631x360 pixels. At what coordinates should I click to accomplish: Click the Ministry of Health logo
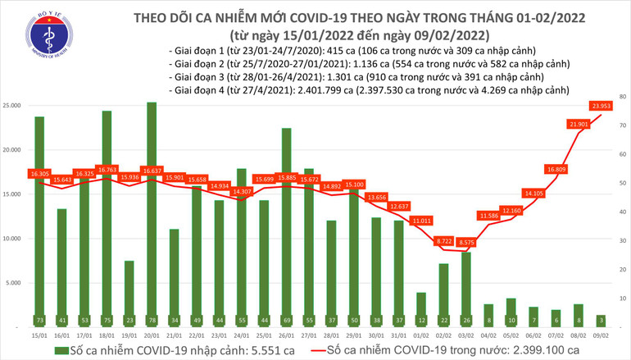pos(30,30)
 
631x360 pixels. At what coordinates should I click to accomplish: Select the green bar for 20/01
pos(152,213)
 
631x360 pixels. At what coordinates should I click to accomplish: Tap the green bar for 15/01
pos(39,221)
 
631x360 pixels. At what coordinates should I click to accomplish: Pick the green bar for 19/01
pos(129,291)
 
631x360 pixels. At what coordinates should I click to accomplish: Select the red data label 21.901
pos(579,124)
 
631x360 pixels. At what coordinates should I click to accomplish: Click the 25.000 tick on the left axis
pos(11,106)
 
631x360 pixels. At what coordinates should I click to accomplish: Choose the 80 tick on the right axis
pos(623,97)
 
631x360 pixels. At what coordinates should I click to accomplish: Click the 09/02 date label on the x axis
pos(601,335)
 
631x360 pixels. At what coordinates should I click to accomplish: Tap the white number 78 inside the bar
pos(152,320)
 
